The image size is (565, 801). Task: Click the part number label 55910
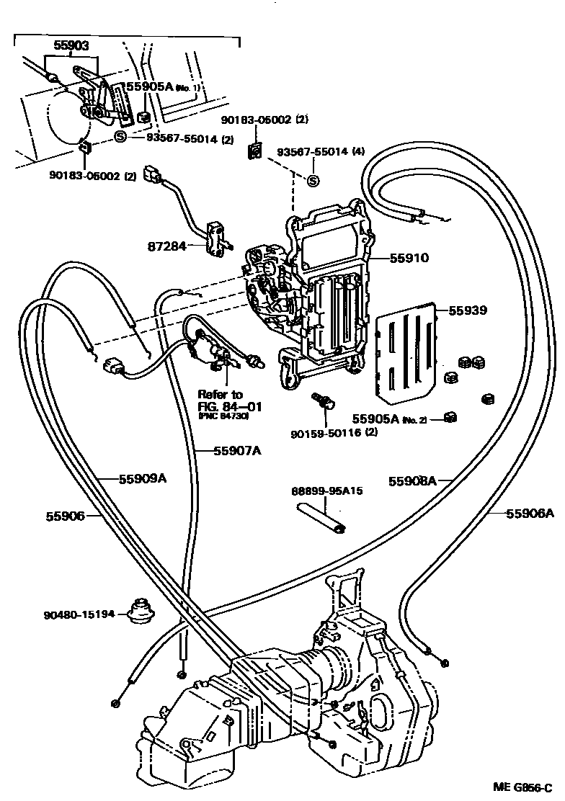(409, 257)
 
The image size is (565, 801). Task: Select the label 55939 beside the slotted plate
(468, 310)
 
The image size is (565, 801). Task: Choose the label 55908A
(413, 482)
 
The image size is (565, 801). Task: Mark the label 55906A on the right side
(530, 513)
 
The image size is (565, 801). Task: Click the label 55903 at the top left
(71, 45)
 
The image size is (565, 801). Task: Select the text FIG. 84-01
(229, 407)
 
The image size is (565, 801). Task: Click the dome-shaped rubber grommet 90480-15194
(141, 609)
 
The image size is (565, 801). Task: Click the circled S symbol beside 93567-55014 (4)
(313, 180)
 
